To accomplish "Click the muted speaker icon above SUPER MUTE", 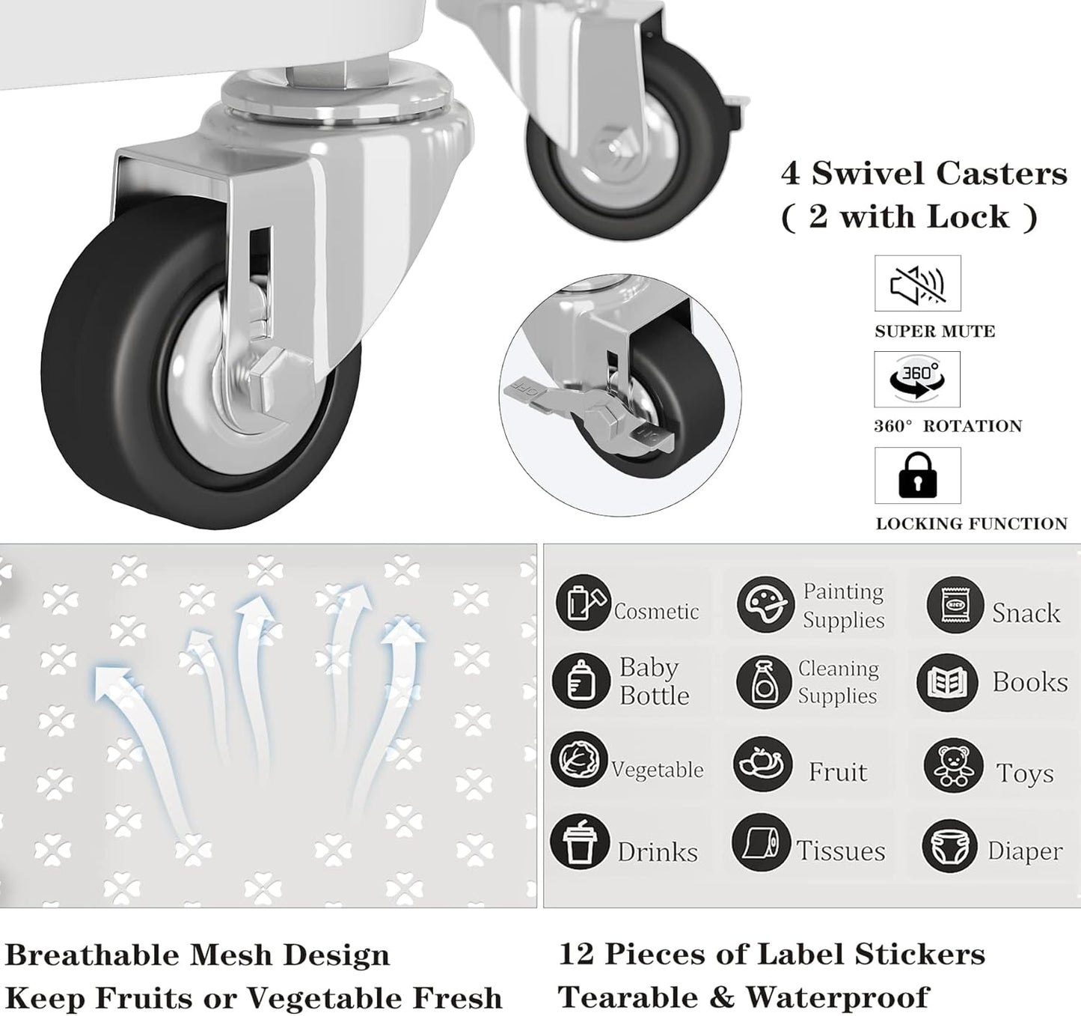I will (917, 284).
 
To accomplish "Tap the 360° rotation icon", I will (917, 379).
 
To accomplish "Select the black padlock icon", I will (917, 475).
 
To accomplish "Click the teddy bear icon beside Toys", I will (952, 766).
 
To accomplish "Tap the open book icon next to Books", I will (947, 682).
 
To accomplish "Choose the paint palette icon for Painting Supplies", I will (765, 603).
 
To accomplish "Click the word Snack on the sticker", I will (1026, 613).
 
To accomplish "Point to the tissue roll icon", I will (761, 842).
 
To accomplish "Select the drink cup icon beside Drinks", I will (579, 842).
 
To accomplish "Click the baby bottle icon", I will (581, 681).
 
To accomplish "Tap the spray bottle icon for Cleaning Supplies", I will (763, 682).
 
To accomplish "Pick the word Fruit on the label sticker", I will (838, 772).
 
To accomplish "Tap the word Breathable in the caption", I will (93, 955).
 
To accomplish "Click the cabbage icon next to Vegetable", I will (578, 759).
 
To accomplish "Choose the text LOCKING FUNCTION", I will (971, 524).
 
